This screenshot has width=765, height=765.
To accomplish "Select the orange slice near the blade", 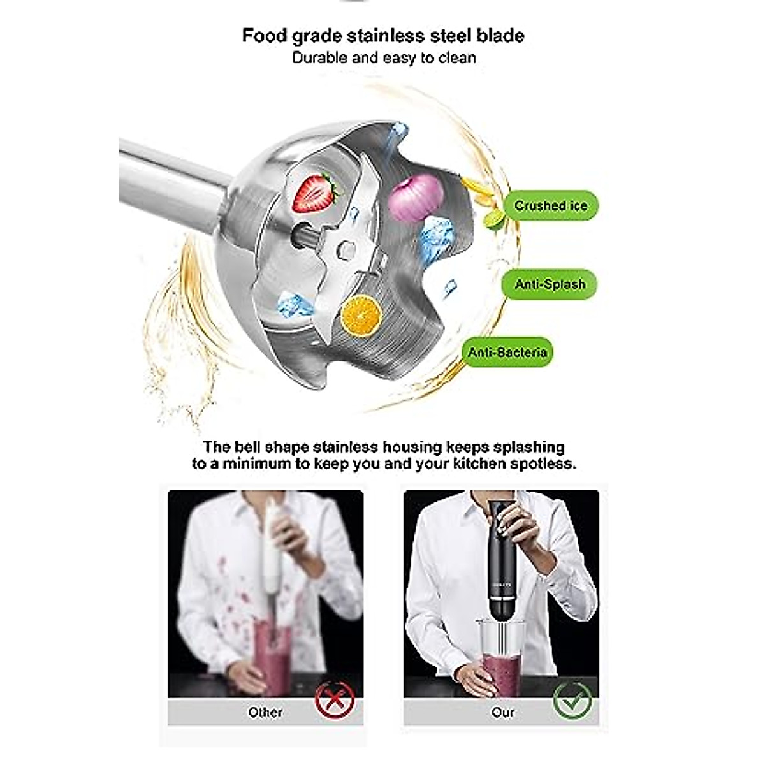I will (x=361, y=314).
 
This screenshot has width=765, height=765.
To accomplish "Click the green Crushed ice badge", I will (x=550, y=206).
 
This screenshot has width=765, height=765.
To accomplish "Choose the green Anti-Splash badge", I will (x=550, y=284).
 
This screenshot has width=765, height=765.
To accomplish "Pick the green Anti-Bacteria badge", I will (x=507, y=353).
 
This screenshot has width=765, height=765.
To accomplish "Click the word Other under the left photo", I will (x=265, y=712).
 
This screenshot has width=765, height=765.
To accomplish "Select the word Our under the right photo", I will (x=502, y=712).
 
